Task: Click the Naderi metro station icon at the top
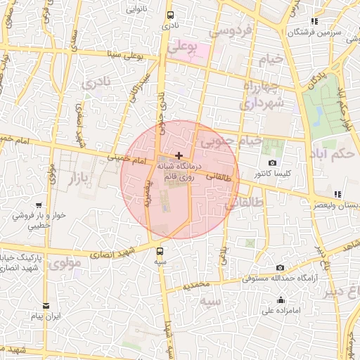pos(170,15)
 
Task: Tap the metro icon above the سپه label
pos(161,250)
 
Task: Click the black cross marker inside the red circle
pos(179,155)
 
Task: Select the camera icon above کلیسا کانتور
pos(273,162)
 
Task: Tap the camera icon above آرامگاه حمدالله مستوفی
pos(281,267)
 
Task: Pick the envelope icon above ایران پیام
pos(46,306)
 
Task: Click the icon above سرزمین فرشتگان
pos(315,21)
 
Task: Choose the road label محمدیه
pos(196,285)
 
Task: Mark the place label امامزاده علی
pos(281,310)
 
